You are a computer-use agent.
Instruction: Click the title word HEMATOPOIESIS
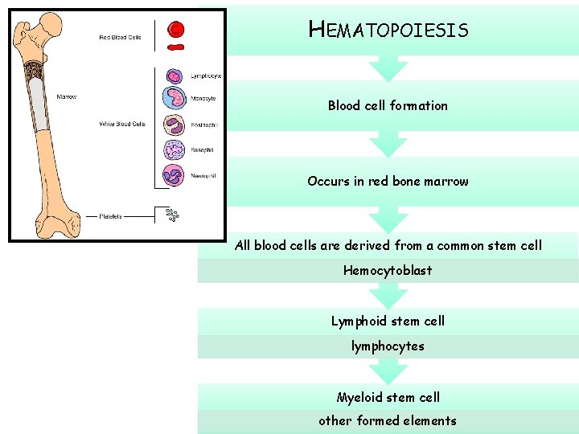tap(388, 31)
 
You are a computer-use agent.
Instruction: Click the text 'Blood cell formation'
tap(388, 105)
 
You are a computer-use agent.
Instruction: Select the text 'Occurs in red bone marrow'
tap(388, 181)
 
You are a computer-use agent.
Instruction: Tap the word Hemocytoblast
tap(388, 270)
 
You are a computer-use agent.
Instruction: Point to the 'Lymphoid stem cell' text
tap(388, 321)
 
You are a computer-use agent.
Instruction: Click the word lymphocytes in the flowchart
tap(388, 346)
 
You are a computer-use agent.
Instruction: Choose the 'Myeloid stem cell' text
tap(388, 397)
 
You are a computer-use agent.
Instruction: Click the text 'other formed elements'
tap(388, 420)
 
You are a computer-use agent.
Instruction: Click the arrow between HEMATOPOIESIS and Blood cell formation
tap(388, 68)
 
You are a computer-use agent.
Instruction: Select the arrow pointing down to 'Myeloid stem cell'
tap(388, 371)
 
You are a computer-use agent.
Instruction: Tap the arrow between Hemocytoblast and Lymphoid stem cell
tap(388, 296)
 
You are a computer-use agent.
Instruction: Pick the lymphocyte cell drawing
tap(175, 76)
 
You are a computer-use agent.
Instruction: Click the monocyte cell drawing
tap(175, 99)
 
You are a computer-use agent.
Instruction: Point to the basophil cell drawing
tap(175, 149)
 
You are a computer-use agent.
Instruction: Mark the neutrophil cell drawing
tap(175, 175)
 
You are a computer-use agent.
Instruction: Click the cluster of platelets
tap(171, 215)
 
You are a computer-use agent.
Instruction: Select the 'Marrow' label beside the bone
tap(67, 97)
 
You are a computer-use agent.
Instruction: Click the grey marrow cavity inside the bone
tap(37, 104)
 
